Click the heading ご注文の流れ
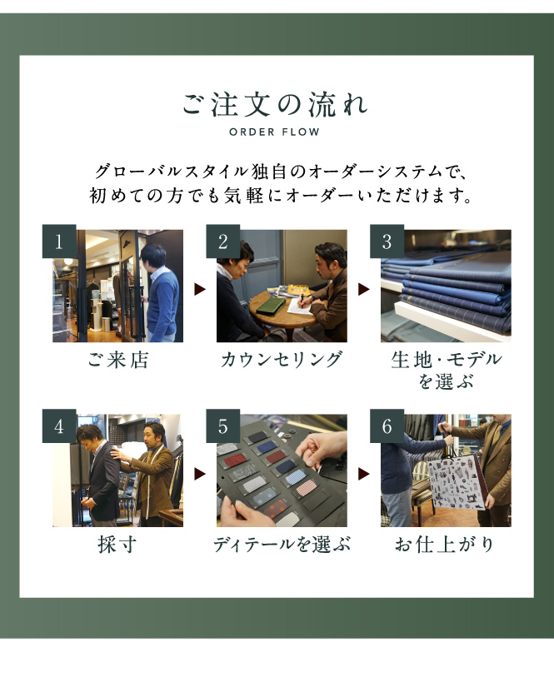point(275,104)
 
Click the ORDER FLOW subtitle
point(275,132)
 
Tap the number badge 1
point(59,241)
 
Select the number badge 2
point(222,241)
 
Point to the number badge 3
point(387,241)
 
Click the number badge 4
point(59,426)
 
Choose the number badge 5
point(222,426)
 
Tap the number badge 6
point(387,426)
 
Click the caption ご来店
point(118,360)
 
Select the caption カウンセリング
point(282,360)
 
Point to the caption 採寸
point(117,544)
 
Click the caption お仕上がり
point(445,544)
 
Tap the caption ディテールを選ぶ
point(282,544)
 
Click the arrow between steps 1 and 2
point(199,289)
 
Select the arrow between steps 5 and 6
point(363,474)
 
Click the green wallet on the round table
point(270,306)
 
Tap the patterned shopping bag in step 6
point(457,482)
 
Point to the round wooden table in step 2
point(282,311)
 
